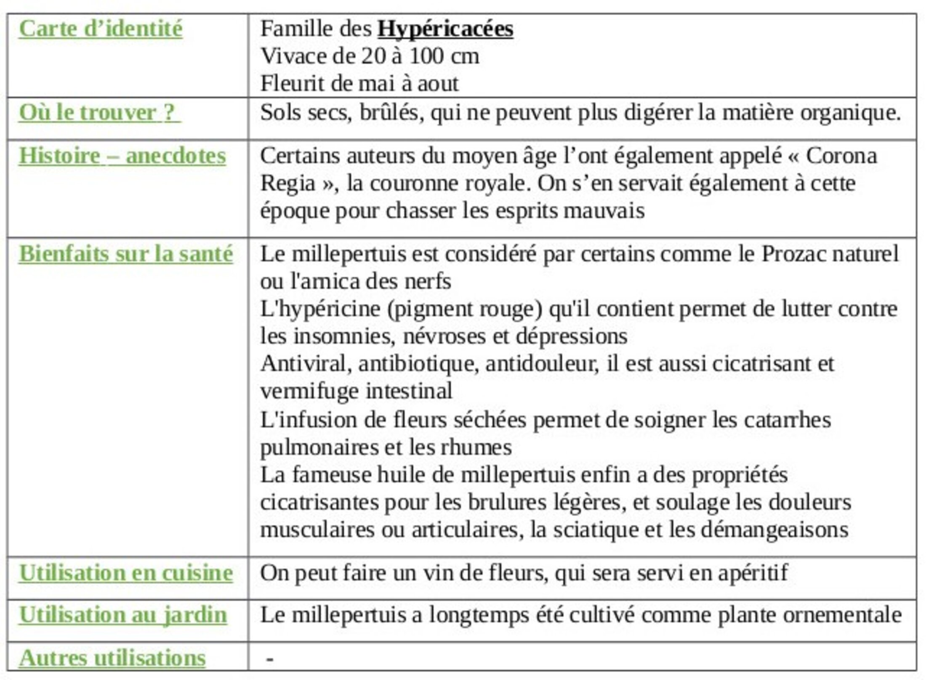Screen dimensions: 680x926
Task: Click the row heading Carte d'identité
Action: pos(101,29)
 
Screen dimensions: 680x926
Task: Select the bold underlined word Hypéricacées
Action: pos(445,29)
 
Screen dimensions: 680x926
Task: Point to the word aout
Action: pos(438,84)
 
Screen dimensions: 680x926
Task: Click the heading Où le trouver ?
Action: pos(99,113)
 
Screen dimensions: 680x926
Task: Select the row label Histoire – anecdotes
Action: pos(122,156)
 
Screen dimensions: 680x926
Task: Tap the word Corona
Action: pos(841,156)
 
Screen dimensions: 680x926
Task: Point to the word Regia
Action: pos(288,183)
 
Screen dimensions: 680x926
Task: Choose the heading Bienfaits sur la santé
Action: pos(125,254)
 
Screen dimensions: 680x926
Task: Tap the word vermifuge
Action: pos(309,392)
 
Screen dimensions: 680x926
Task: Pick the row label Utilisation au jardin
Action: pos(123,615)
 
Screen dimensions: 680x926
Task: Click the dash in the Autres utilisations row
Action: pos(270,659)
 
